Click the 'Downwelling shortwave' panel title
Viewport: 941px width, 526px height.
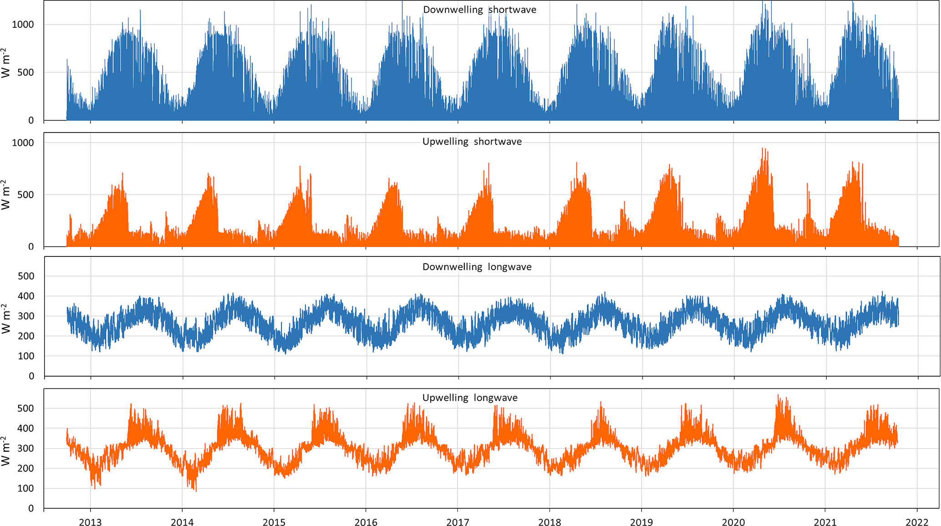[479, 10]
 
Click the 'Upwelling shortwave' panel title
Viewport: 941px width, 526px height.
[472, 142]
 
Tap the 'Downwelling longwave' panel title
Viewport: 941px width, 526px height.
[477, 267]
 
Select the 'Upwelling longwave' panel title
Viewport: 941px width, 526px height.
[470, 398]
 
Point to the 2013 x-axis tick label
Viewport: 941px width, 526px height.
[90, 522]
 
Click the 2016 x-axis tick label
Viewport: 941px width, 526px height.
[366, 522]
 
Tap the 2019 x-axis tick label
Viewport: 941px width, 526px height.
[641, 522]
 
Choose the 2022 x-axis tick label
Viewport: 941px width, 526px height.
[917, 522]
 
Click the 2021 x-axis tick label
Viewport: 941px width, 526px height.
[825, 522]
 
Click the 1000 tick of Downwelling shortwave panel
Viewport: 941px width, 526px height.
[23, 25]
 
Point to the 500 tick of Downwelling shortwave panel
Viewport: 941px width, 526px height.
[26, 72]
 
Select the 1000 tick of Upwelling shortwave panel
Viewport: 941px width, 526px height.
[23, 143]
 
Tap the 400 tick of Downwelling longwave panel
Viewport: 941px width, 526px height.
[26, 296]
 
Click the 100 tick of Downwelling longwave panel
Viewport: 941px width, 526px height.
[26, 356]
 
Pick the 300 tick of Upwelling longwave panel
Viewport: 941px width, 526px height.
[26, 448]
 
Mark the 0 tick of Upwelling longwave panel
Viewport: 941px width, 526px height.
[31, 508]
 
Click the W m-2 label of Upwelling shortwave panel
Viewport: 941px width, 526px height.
[5, 195]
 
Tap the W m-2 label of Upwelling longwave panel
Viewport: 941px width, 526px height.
[5, 451]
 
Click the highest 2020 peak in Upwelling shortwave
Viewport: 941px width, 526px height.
[763, 148]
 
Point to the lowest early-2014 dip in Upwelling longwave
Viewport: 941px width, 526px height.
[196, 490]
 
